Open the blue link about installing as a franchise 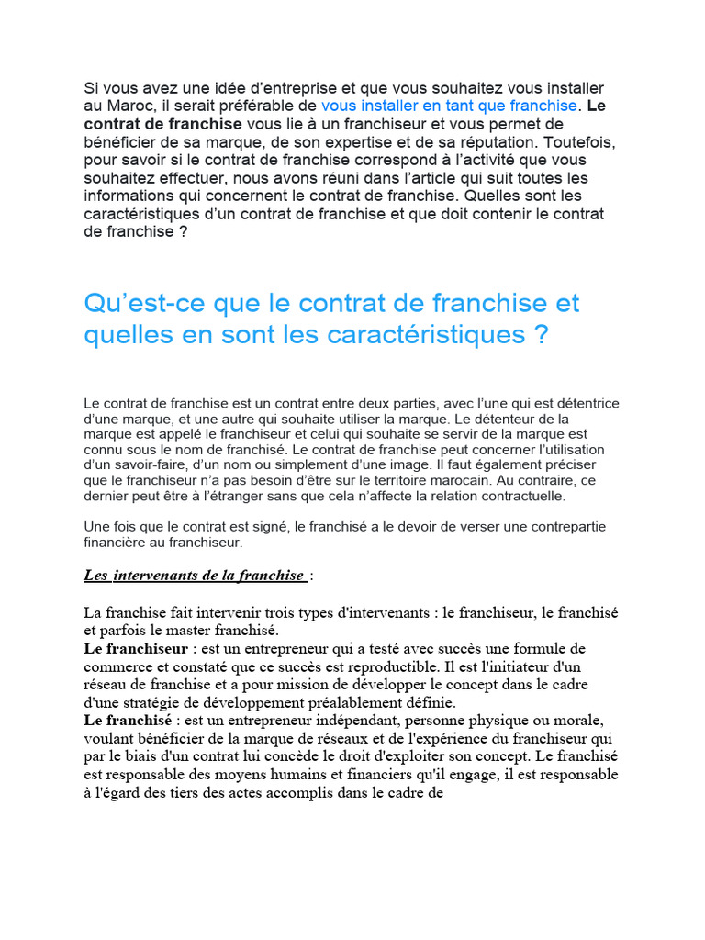[x=450, y=106]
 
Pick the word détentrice [x=586, y=404]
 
